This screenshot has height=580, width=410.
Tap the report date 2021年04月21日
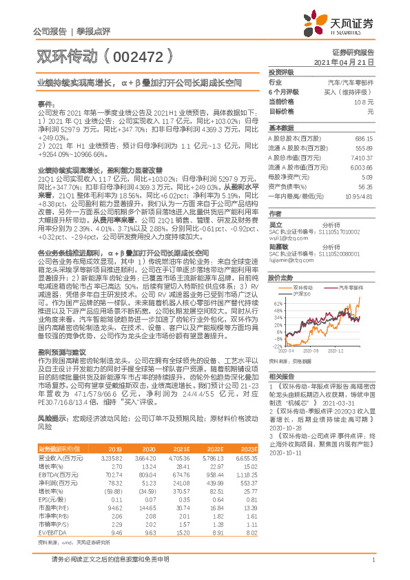tap(344, 61)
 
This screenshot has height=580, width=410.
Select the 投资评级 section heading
tap(281, 72)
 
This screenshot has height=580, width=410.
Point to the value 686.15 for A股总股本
tap(363, 138)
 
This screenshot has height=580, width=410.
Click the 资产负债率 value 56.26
tap(365, 186)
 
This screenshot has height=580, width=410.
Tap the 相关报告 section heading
tap(281, 376)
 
